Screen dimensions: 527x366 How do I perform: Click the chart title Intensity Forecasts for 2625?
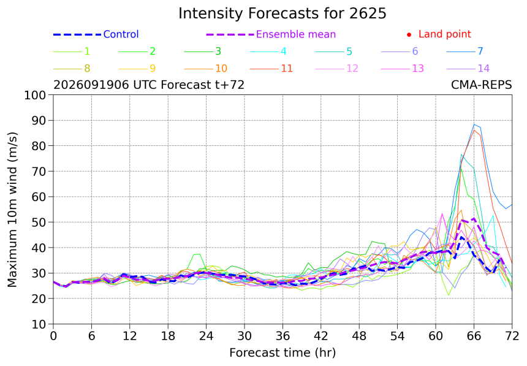pos(282,13)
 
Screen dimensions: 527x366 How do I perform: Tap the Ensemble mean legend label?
pos(296,34)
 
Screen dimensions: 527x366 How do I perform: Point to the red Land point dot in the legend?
pos(409,35)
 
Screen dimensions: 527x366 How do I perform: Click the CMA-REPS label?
pos(481,85)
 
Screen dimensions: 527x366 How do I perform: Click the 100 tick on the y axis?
pos(34,95)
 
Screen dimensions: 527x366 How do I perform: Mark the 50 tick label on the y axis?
pos(39,222)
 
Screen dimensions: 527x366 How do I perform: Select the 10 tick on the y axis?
pos(39,324)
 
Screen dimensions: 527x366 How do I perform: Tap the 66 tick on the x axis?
pos(474,336)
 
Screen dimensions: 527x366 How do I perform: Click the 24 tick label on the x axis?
pos(206,336)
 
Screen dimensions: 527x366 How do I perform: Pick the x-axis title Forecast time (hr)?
pos(282,353)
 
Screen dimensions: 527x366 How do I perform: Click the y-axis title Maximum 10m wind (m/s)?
pos(12,209)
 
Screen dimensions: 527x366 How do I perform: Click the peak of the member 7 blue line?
pos(474,125)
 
